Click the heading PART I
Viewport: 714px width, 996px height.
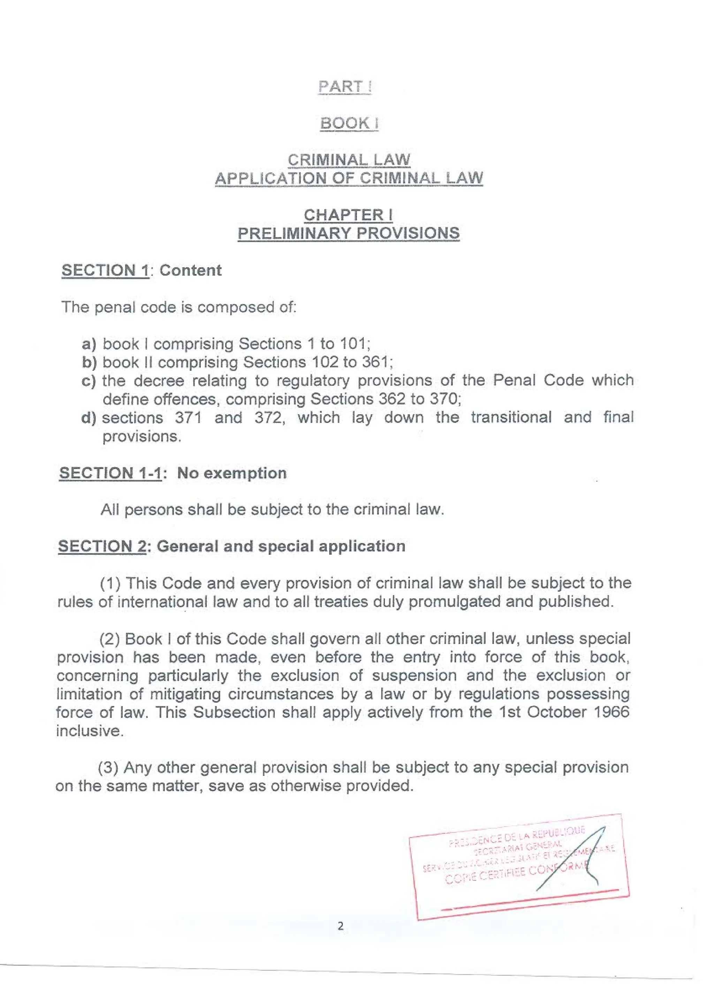345,86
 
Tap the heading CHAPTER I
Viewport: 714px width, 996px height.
348,215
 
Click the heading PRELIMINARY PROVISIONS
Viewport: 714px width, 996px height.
348,233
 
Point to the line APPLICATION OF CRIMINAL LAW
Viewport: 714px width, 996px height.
348,178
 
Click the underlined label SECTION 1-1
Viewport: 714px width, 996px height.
110,473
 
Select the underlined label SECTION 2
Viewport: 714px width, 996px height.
101,546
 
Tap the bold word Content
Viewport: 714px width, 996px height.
190,270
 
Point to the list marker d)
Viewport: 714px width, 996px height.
89,417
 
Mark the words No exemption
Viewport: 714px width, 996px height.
231,473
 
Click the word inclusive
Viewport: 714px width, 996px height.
89,731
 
